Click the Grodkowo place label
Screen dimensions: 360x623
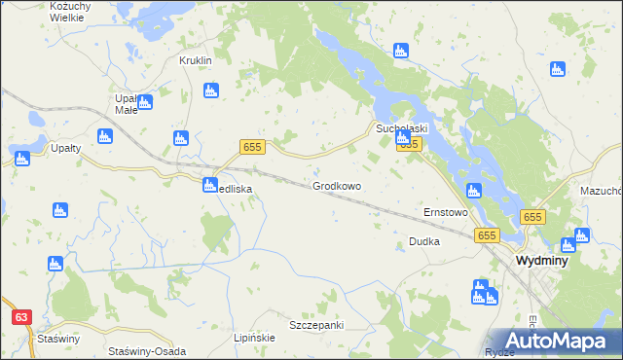[337, 185]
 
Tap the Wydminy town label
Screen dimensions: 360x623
[544, 262]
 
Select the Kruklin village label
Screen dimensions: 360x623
[195, 60]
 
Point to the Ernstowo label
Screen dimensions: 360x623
[445, 212]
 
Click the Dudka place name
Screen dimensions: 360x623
[424, 241]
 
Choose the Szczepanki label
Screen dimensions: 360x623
[316, 325]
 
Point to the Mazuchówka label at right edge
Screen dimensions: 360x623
[601, 192]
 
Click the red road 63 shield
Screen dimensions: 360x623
[22, 317]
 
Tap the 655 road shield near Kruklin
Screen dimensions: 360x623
[252, 146]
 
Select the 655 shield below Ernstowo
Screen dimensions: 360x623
[487, 235]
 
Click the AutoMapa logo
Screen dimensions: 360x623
[551, 341]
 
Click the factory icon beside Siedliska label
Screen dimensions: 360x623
[210, 185]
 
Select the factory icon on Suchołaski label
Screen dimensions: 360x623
[403, 139]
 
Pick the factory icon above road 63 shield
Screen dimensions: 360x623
[55, 263]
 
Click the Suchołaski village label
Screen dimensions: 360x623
[402, 127]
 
